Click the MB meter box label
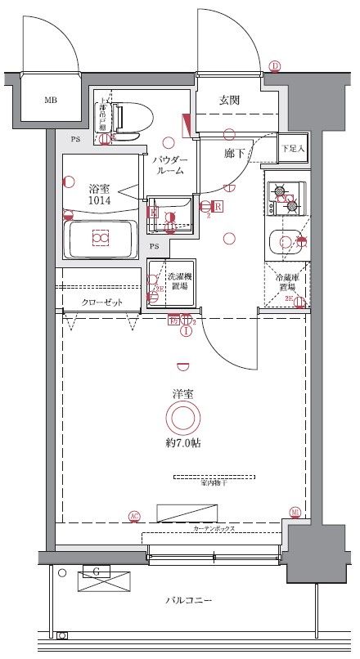click(x=51, y=101)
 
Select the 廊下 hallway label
click(x=236, y=152)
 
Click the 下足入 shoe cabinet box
click(x=292, y=148)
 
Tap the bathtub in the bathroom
click(x=100, y=239)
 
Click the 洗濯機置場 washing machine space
click(x=168, y=283)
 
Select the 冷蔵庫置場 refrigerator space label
click(x=286, y=283)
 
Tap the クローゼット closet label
click(x=101, y=302)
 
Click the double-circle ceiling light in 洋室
click(x=182, y=419)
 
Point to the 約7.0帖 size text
click(x=183, y=443)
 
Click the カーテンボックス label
click(x=214, y=529)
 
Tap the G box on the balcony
click(x=97, y=571)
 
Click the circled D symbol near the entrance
click(x=275, y=66)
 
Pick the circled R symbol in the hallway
click(x=218, y=206)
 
